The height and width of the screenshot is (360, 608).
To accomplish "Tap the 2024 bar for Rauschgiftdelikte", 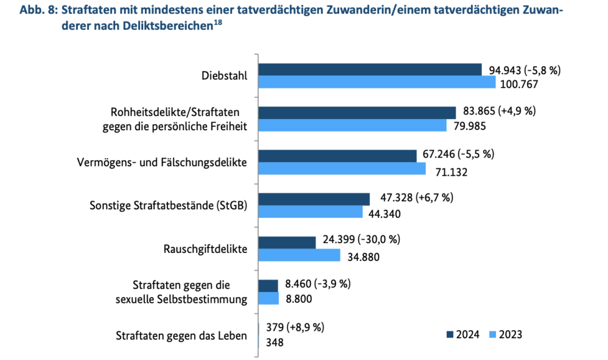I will [287, 242].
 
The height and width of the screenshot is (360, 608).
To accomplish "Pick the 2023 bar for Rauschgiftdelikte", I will [299, 255].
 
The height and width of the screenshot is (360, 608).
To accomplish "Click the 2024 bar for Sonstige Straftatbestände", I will [314, 199].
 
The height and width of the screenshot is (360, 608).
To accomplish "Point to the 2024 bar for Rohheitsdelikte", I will [357, 112].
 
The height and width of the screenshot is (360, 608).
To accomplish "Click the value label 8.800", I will [298, 299].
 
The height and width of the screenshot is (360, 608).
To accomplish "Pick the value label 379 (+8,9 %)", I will [296, 327].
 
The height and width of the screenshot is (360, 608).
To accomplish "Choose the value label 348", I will [275, 342].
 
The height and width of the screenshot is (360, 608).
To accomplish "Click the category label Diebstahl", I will [224, 76].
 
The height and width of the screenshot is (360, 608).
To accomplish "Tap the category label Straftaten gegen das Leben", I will [181, 335].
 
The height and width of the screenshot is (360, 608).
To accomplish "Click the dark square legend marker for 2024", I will [450, 334].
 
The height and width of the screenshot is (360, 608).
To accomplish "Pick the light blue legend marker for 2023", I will [493, 334].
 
